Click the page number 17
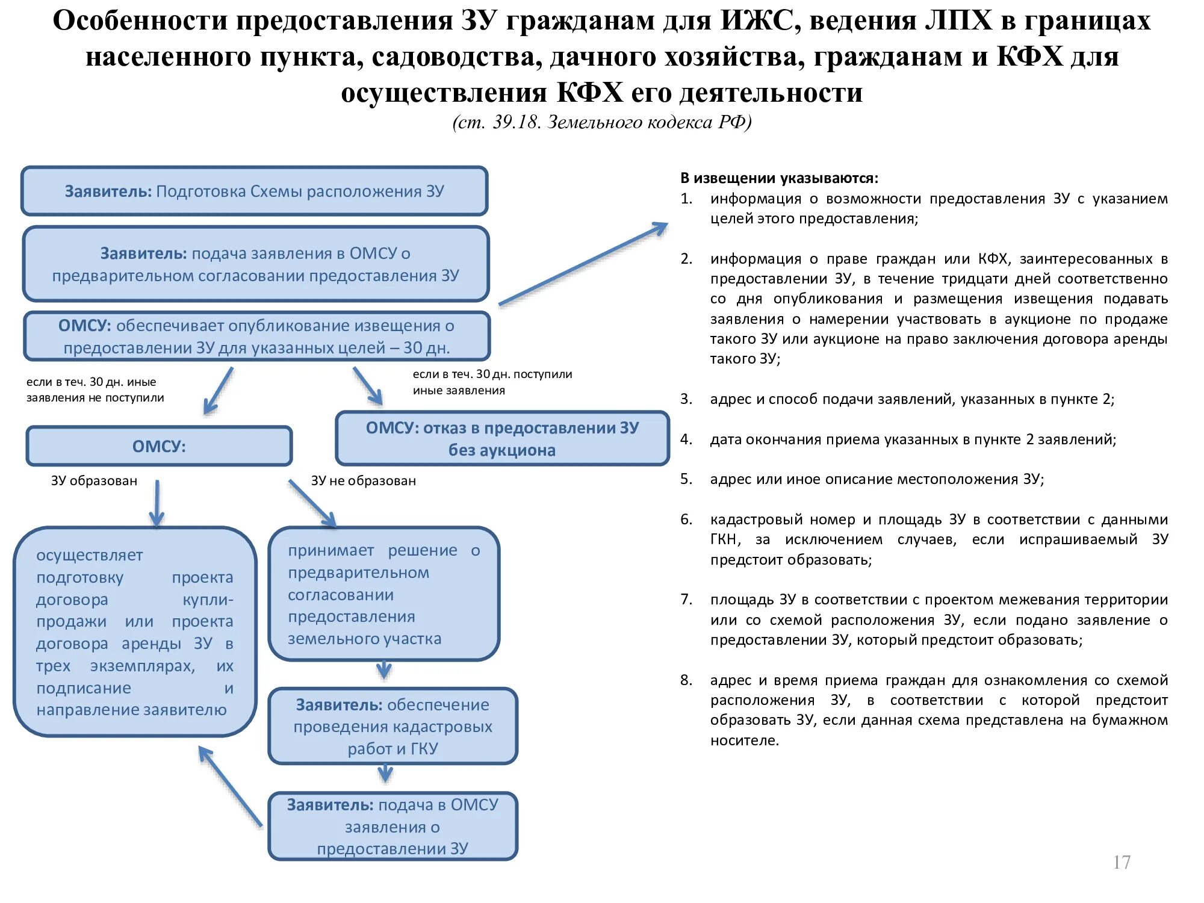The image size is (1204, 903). click(x=1122, y=862)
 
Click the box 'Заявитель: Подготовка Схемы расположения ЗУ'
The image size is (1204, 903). click(x=254, y=191)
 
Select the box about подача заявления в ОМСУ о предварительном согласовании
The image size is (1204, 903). click(x=255, y=264)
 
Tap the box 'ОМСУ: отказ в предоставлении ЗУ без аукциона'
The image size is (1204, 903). click(x=502, y=439)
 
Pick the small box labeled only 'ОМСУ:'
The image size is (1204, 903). click(x=159, y=446)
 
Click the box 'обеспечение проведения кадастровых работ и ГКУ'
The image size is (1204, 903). click(x=393, y=727)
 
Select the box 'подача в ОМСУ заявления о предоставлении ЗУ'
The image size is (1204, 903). click(x=393, y=827)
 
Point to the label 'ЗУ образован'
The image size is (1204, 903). click(x=94, y=480)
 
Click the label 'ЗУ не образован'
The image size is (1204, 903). click(x=363, y=480)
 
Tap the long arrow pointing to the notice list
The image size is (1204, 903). click(x=583, y=264)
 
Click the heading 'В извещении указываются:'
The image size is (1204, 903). click(x=779, y=178)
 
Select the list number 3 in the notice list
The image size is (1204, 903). click(x=686, y=399)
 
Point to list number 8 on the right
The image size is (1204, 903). click(x=686, y=680)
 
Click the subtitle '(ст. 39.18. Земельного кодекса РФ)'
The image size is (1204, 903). click(x=602, y=122)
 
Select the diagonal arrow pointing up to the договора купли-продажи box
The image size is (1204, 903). click(x=230, y=786)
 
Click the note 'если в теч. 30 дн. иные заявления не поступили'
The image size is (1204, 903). click(x=95, y=389)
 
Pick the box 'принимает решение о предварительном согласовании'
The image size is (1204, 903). click(x=383, y=594)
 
